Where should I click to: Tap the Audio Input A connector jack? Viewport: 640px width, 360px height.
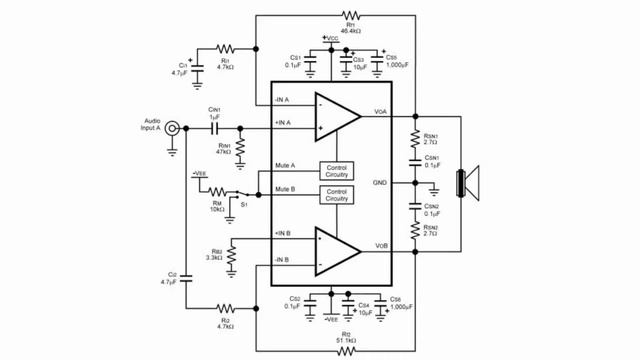pos(173,127)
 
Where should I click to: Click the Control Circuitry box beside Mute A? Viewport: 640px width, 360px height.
pos(337,171)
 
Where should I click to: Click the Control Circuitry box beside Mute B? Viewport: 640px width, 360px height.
pos(337,195)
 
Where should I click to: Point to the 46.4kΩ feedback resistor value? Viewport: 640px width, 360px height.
pos(349,33)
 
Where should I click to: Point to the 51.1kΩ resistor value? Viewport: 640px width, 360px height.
pos(346,340)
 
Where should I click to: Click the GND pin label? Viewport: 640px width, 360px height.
pos(381,183)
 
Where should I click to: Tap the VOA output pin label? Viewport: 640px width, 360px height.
pos(381,111)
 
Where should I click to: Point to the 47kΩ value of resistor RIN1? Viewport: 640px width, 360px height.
pos(222,153)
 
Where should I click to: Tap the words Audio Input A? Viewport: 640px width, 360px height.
pos(156,113)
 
